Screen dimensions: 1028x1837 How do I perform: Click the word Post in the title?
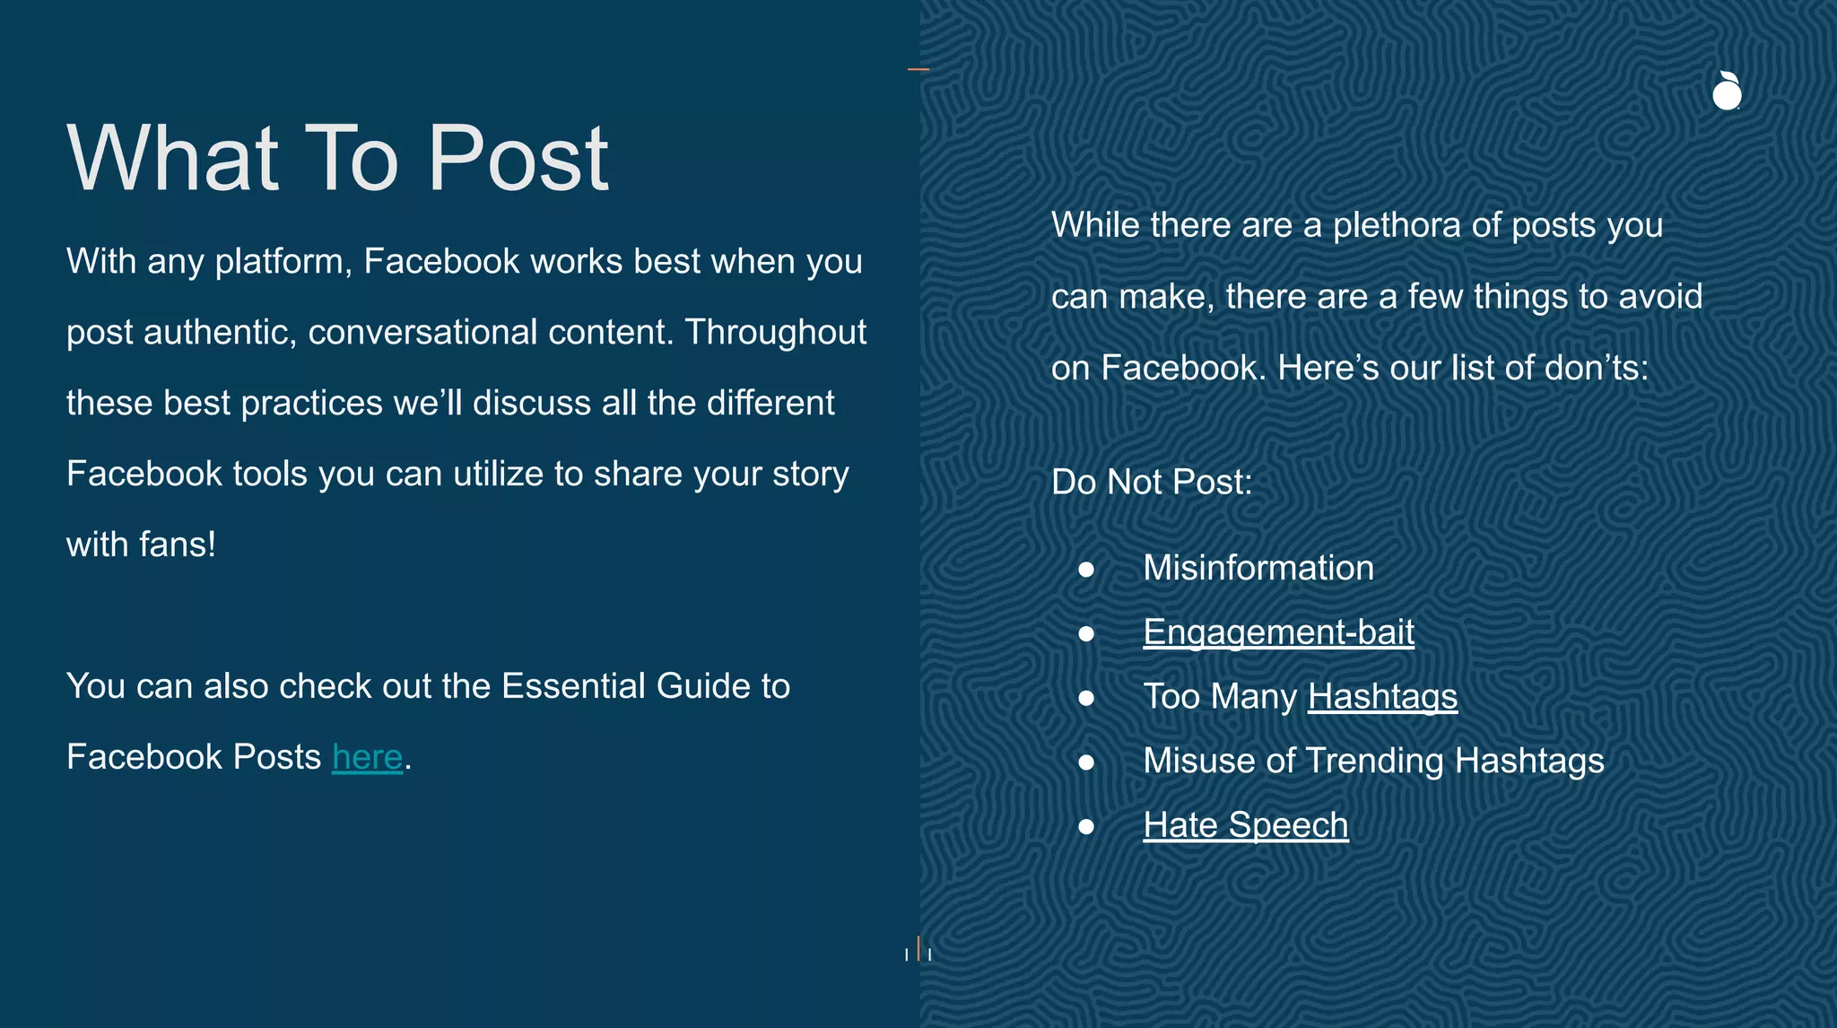pos(518,160)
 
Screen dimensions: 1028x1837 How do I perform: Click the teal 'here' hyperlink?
pos(367,757)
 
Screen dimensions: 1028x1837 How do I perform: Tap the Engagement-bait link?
pos(1278,632)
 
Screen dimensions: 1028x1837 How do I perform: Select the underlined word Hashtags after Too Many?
pos(1382,697)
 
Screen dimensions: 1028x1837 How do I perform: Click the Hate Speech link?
pos(1245,825)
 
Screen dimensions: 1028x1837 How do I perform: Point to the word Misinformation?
pos(1258,568)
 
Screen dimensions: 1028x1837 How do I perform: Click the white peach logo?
pos(1727,91)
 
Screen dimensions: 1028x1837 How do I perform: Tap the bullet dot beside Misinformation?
pos(1086,570)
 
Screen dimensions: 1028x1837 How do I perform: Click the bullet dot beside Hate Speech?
pos(1086,826)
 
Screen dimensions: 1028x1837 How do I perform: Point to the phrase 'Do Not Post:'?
pos(1151,483)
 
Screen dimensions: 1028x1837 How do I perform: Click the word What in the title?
pos(173,160)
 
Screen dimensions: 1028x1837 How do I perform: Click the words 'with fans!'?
pos(141,544)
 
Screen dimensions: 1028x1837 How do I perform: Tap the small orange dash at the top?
pos(918,69)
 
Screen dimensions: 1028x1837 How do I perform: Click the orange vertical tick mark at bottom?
pos(918,948)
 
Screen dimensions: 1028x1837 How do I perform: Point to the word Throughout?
pos(775,332)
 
